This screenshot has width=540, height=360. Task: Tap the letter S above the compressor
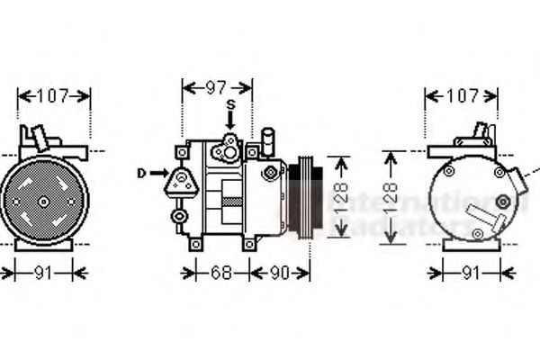pyautogui.click(x=230, y=105)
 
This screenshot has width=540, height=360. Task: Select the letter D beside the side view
pyautogui.click(x=141, y=172)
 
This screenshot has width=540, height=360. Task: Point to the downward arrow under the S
pyautogui.click(x=230, y=121)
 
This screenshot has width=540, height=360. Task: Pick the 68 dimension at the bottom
pyautogui.click(x=220, y=271)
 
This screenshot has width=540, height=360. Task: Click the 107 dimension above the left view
pyautogui.click(x=54, y=94)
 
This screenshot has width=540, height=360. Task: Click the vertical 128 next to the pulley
pyautogui.click(x=341, y=197)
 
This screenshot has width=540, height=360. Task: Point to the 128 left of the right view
pyautogui.click(x=389, y=197)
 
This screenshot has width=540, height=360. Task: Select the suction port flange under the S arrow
pyautogui.click(x=229, y=143)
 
